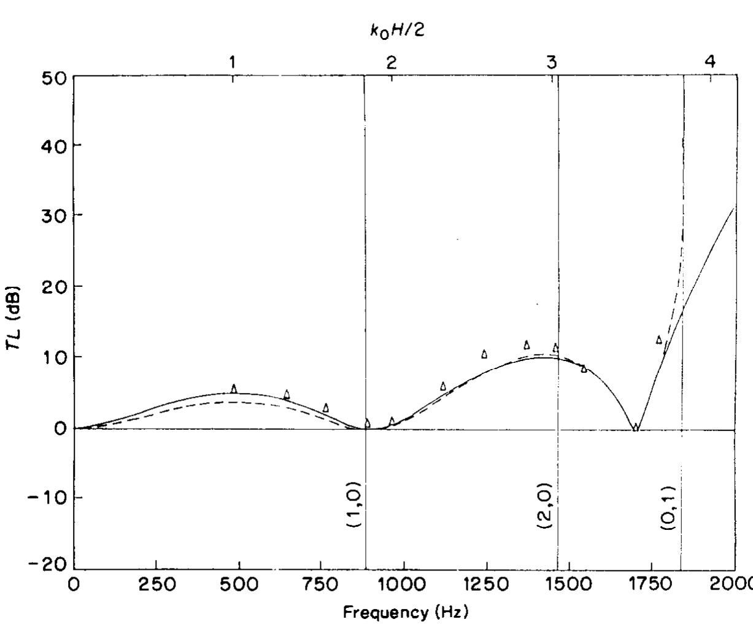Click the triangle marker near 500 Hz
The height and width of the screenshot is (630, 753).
pos(234,389)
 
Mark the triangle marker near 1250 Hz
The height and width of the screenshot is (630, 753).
pos(484,354)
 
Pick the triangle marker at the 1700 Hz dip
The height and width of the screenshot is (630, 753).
pos(636,427)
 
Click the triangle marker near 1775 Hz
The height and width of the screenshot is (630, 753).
pos(659,340)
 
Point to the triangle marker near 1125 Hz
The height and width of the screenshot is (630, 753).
pos(443,386)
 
